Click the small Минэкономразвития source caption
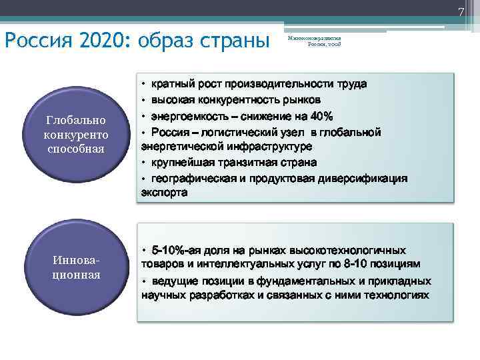tap(314, 41)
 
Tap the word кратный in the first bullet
tap(172, 85)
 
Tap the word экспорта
tap(164, 193)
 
